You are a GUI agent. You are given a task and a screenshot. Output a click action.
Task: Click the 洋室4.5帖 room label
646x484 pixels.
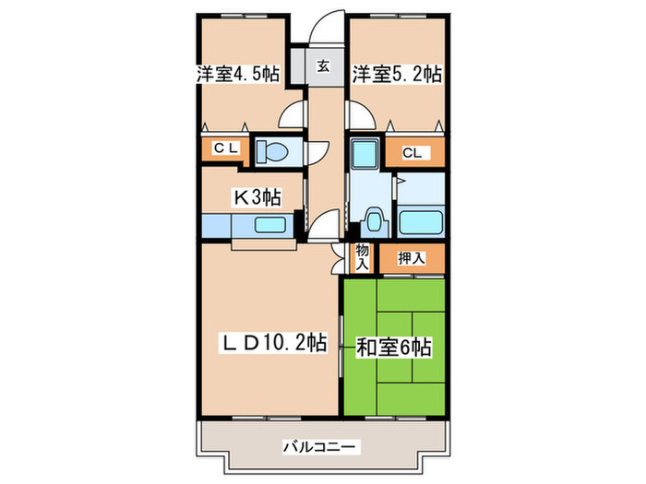tap(237, 75)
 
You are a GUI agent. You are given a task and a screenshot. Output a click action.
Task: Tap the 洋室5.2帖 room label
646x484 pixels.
tap(398, 75)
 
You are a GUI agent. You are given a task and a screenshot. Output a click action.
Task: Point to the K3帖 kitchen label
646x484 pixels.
tap(256, 196)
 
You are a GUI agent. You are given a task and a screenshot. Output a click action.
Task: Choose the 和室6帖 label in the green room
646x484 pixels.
tap(394, 348)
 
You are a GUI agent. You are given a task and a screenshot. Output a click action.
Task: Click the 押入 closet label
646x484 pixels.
tap(411, 259)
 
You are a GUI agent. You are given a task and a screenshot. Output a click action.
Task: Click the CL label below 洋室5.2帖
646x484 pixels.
tap(412, 153)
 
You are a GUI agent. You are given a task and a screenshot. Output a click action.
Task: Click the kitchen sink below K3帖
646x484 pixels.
tap(270, 226)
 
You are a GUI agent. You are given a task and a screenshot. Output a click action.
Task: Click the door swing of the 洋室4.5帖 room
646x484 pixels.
tap(293, 115)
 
